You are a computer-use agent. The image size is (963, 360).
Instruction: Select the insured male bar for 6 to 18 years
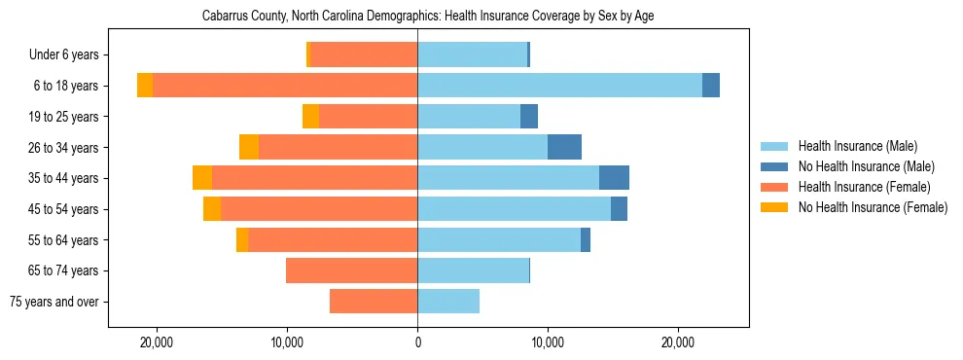559,86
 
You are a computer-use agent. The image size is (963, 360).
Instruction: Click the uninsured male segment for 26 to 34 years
564,147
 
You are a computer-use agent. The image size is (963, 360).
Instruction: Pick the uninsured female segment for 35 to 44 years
202,178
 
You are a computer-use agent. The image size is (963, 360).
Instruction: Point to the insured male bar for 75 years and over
448,302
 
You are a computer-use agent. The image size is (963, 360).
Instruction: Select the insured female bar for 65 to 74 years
351,270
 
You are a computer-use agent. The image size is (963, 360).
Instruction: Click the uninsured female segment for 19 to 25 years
310,117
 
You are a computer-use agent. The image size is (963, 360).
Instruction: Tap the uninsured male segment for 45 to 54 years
619,209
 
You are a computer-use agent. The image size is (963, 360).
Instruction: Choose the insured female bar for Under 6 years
364,54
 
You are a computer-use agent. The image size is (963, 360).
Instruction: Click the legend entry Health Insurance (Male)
857,146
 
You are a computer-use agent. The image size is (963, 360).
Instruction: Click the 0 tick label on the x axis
417,342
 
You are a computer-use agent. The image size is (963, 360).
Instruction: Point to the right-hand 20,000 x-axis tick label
678,342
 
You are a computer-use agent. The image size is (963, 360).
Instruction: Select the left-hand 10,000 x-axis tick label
287,342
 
